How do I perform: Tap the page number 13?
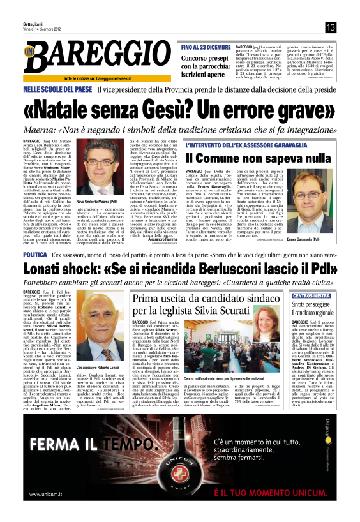click(x=330, y=27)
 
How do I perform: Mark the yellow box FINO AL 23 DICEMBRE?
click(x=206, y=48)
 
